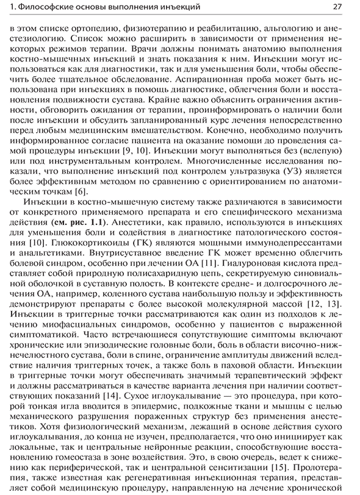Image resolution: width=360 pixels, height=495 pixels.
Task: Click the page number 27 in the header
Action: (x=337, y=7)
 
